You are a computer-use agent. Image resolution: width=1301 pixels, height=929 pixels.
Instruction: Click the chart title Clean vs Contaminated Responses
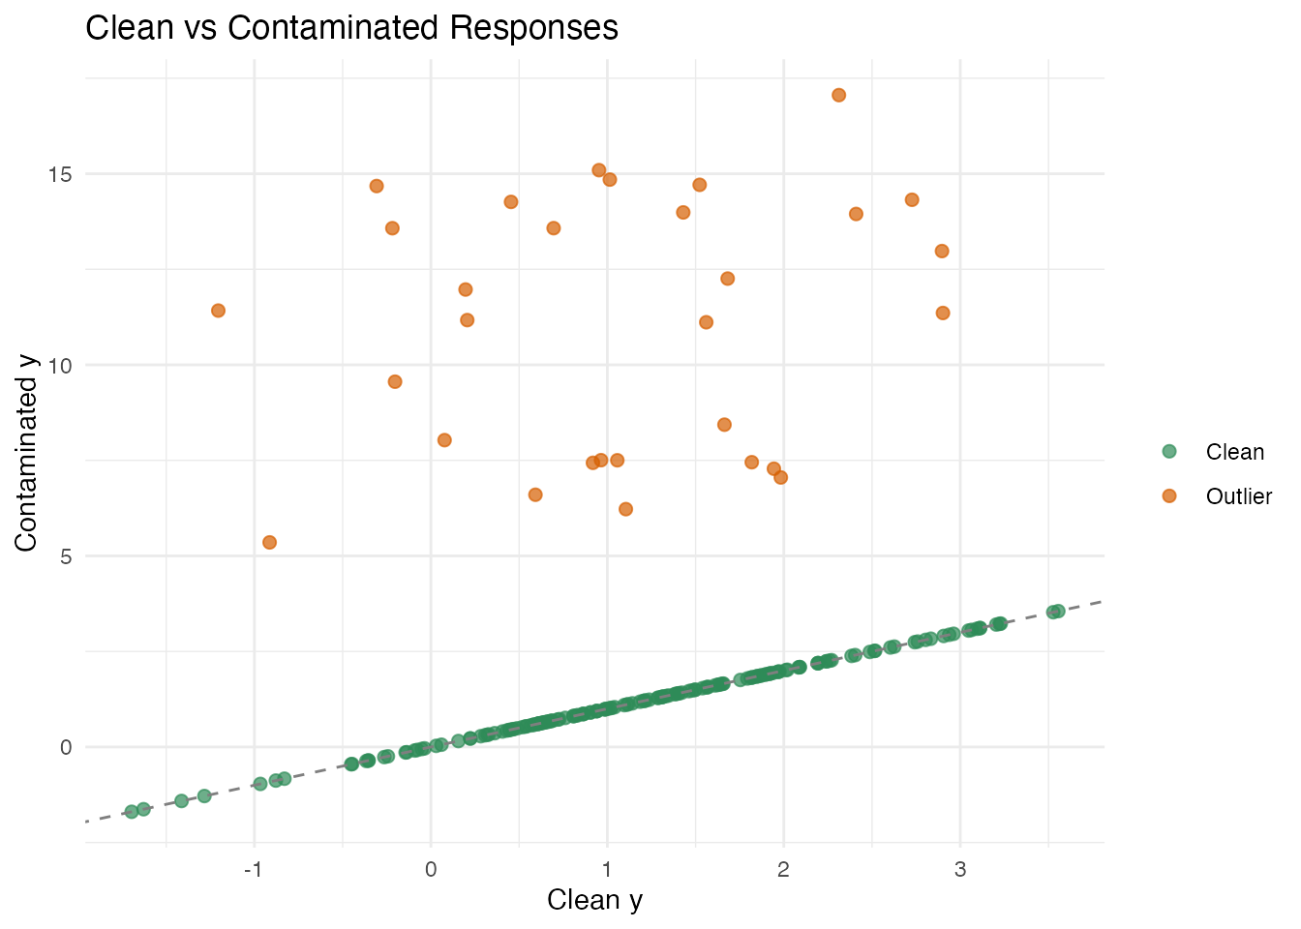[x=351, y=27]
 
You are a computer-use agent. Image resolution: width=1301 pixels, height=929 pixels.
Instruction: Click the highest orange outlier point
[x=838, y=95]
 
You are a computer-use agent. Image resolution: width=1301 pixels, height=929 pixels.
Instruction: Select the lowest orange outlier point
[x=269, y=542]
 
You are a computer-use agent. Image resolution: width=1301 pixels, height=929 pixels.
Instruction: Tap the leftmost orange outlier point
[x=218, y=311]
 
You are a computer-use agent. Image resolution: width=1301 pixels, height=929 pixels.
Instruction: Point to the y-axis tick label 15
[x=60, y=174]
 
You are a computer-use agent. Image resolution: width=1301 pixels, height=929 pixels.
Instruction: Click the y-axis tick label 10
[x=60, y=365]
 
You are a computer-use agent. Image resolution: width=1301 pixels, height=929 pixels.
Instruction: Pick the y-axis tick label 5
[x=66, y=556]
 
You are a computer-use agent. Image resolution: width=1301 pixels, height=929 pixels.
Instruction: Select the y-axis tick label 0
[x=66, y=747]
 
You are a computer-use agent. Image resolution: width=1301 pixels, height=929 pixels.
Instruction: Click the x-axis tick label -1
[x=254, y=870]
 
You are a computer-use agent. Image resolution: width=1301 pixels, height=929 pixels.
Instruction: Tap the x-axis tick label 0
[x=431, y=870]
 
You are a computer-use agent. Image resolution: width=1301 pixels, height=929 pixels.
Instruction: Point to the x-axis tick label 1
[x=607, y=870]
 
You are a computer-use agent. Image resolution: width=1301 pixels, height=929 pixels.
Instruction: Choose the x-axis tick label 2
[x=783, y=870]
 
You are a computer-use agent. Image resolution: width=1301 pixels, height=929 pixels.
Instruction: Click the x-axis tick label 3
[x=960, y=870]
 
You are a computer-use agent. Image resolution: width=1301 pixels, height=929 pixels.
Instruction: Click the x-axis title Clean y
[x=594, y=900]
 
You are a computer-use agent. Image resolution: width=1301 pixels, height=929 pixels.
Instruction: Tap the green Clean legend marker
[x=1168, y=452]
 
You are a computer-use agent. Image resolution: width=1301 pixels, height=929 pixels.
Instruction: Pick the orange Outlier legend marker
[x=1168, y=496]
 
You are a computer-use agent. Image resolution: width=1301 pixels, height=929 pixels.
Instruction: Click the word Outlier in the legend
[x=1238, y=496]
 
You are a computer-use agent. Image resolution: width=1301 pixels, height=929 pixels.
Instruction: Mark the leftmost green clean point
[x=132, y=811]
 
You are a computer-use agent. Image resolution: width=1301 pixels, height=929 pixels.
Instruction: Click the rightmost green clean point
[x=1058, y=611]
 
